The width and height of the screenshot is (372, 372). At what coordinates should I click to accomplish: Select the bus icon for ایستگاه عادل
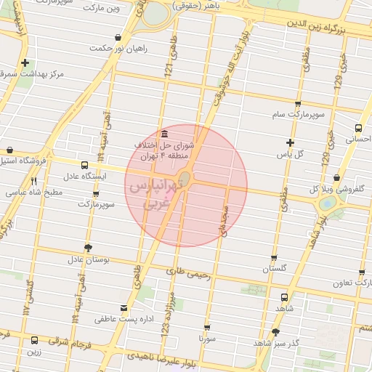(x=84, y=165)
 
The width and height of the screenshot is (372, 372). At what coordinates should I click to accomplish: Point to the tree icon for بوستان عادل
(x=88, y=248)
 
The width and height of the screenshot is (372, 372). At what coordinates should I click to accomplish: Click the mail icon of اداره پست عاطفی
(x=124, y=308)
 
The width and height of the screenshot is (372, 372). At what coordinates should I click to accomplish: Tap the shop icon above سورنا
(x=208, y=328)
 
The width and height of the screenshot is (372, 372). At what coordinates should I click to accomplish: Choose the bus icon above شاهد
(x=283, y=297)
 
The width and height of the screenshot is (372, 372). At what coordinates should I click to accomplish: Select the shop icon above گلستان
(x=274, y=257)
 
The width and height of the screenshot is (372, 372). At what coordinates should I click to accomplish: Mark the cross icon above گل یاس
(x=291, y=142)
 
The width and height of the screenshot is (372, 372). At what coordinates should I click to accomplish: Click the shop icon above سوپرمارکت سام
(x=299, y=104)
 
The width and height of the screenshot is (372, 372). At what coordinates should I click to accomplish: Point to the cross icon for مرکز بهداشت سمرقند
(x=26, y=63)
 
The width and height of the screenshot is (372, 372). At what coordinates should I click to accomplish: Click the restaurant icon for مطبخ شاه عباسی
(x=33, y=182)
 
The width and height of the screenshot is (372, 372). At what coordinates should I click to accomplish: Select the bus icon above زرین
(x=34, y=340)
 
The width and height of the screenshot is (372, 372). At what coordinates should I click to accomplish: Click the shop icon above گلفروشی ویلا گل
(x=336, y=178)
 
